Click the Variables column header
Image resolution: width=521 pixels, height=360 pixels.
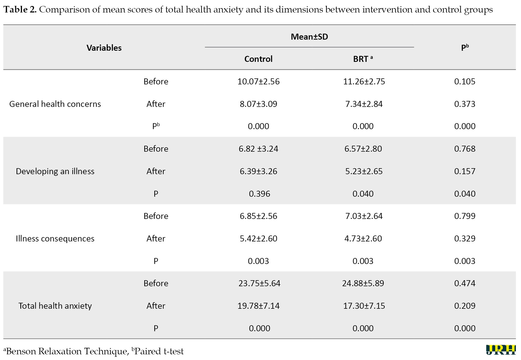click(x=104, y=48)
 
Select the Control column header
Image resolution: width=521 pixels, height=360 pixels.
click(x=258, y=59)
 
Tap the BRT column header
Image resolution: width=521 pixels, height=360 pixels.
click(x=363, y=59)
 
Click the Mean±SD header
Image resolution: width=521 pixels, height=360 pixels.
click(x=309, y=37)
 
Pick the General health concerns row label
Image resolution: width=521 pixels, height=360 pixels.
click(x=55, y=104)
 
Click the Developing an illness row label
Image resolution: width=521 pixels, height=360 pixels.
click(x=55, y=171)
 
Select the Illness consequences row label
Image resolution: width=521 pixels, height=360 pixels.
click(x=55, y=238)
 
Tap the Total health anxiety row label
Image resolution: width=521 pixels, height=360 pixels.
click(x=55, y=306)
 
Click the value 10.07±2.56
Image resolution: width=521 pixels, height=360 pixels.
click(x=258, y=81)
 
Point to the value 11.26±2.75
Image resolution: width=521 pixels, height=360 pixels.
click(x=364, y=81)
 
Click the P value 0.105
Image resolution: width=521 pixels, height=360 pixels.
click(x=465, y=81)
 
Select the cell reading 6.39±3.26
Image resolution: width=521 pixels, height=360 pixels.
click(x=258, y=171)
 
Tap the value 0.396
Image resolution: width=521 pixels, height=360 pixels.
click(x=260, y=194)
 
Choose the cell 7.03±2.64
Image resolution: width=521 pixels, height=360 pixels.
click(x=364, y=216)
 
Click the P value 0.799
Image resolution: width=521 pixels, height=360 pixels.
click(x=465, y=216)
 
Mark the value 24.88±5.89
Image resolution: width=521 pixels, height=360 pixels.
click(x=363, y=283)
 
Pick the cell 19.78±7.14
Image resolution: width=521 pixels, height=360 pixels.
click(x=258, y=306)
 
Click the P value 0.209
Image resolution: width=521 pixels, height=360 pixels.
click(x=465, y=306)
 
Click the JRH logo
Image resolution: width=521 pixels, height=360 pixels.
click(x=501, y=350)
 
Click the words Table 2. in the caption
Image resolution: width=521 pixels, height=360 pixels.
click(x=20, y=10)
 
